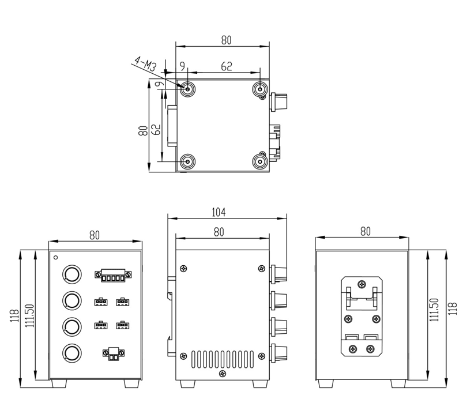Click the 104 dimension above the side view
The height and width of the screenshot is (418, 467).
tap(218, 213)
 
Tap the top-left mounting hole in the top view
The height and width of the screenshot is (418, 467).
tap(188, 89)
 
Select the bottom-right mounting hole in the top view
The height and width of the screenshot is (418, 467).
tap(260, 161)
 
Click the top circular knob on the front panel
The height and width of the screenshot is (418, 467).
tap(71, 274)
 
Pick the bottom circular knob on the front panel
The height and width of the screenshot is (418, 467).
tap(71, 352)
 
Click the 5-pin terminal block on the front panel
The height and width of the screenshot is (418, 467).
tap(114, 275)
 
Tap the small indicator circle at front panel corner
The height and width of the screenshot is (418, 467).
tap(56, 257)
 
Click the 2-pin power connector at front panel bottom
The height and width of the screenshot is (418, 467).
tap(114, 353)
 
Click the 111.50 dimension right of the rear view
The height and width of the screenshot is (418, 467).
tap(434, 312)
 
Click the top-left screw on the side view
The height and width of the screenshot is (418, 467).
tap(184, 268)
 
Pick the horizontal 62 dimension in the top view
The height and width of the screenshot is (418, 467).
tap(227, 67)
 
